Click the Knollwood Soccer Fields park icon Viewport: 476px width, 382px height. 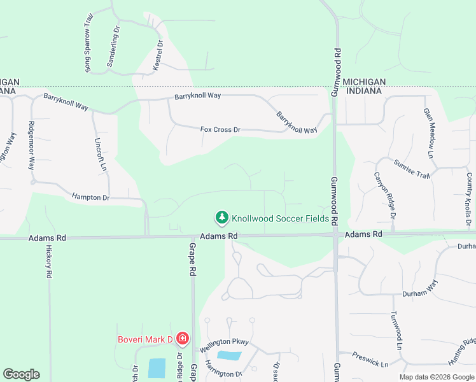tap(221, 218)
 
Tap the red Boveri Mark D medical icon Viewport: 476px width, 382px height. tap(183, 338)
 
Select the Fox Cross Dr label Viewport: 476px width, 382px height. tap(220, 130)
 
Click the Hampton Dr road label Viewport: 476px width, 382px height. tap(91, 197)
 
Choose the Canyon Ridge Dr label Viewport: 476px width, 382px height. tap(385, 197)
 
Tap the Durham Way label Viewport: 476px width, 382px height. tap(421, 288)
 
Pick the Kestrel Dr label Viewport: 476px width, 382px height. tap(158, 55)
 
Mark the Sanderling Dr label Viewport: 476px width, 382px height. tap(113, 47)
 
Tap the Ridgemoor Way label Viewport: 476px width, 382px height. tap(31, 146)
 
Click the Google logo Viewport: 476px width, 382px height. tap(21, 374)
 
